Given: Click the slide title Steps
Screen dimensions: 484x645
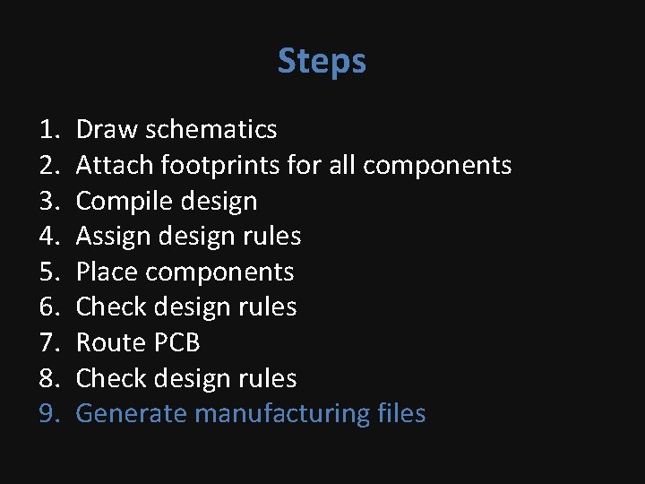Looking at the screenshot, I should (322, 62).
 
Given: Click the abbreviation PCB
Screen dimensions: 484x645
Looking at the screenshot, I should (176, 342).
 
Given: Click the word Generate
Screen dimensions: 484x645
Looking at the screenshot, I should (132, 414).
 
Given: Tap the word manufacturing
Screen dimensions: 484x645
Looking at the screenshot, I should (281, 414).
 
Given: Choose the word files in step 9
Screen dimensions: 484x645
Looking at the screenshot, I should (401, 413).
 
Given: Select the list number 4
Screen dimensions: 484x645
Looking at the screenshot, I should (48, 237).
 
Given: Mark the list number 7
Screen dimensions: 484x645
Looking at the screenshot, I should (48, 342).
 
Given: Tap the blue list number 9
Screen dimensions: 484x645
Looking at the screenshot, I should (48, 414).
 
